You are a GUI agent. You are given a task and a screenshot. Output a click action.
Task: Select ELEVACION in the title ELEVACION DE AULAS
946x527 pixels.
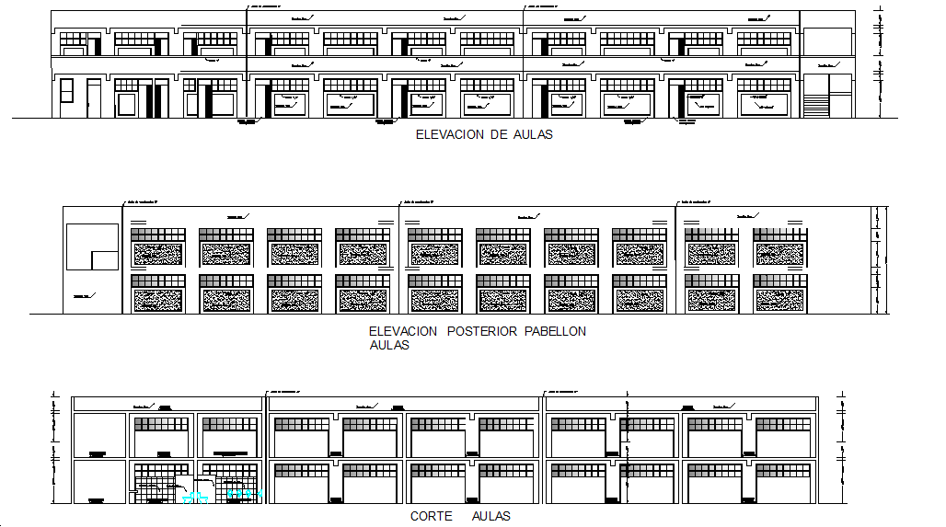click(x=451, y=134)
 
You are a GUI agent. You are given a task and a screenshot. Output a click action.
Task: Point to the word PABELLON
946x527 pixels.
click(x=555, y=331)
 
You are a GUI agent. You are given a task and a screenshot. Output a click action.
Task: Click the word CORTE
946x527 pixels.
click(x=431, y=517)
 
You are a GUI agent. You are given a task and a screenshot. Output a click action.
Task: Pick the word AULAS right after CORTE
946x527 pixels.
click(x=490, y=517)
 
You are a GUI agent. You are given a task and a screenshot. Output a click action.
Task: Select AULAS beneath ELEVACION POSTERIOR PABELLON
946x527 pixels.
click(x=389, y=346)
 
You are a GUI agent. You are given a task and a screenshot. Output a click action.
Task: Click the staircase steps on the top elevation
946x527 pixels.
click(x=815, y=104)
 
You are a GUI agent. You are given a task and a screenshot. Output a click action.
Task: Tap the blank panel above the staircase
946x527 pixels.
click(x=827, y=42)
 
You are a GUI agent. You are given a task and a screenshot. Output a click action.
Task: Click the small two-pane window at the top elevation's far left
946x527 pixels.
click(x=66, y=90)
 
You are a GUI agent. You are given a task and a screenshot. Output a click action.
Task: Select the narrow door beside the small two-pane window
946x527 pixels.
click(x=94, y=97)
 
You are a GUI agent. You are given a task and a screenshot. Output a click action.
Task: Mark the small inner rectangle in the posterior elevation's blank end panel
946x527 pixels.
click(x=104, y=258)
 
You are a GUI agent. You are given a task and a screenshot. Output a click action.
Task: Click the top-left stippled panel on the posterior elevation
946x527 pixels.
click(x=157, y=253)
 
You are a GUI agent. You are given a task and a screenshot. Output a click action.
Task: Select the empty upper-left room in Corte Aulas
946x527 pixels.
click(x=99, y=435)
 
